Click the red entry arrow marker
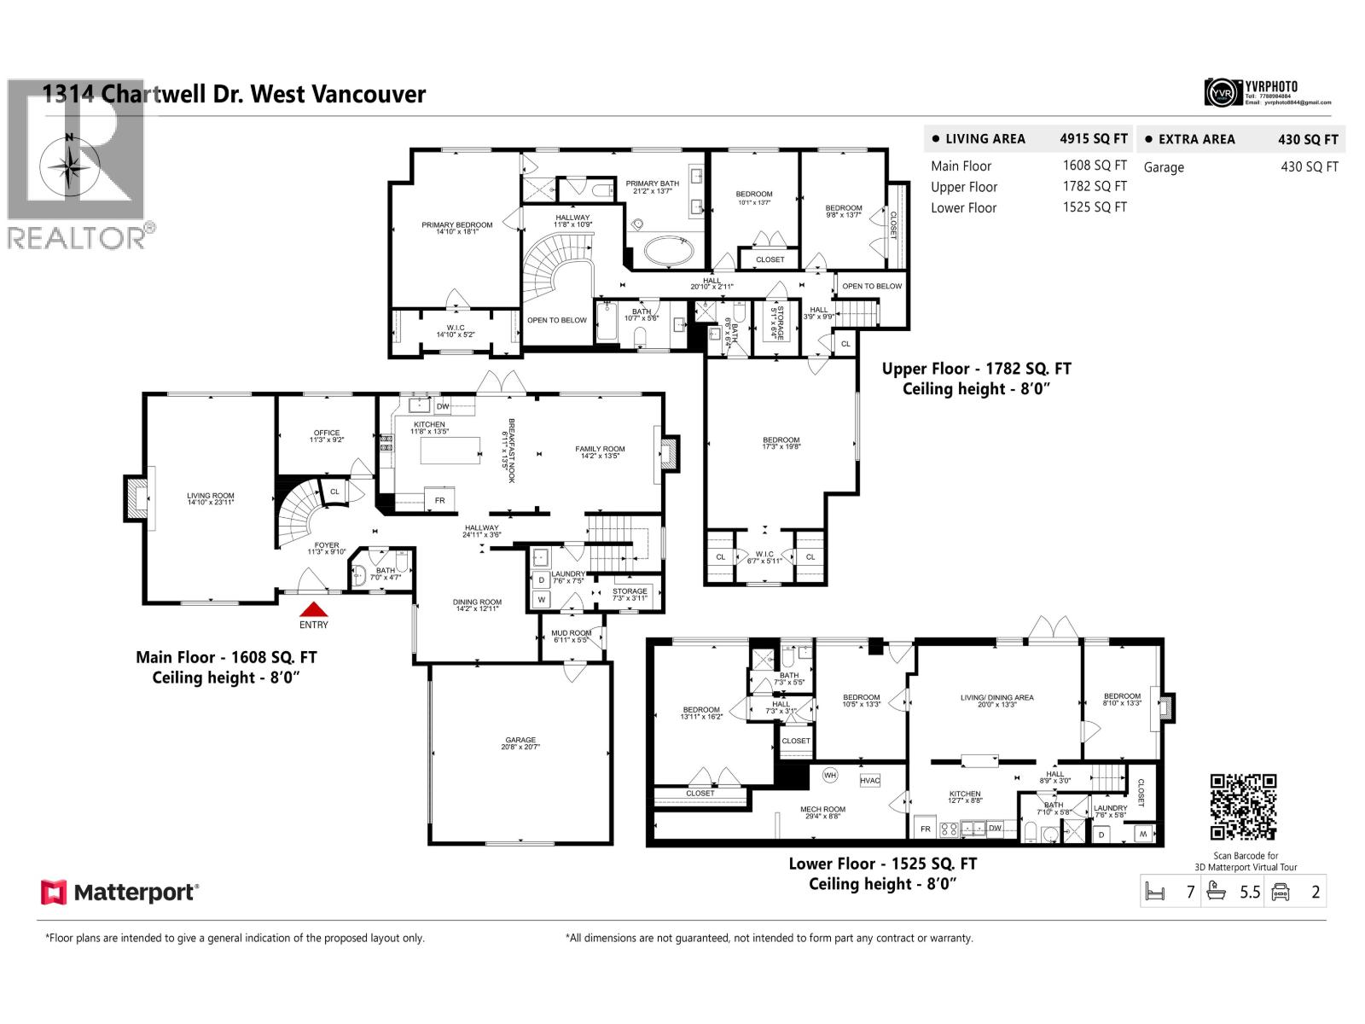click(314, 609)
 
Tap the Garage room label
click(520, 742)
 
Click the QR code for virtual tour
click(1243, 807)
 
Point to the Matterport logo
click(120, 893)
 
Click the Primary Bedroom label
click(456, 228)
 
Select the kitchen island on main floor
click(450, 450)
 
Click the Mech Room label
click(822, 812)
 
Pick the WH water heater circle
click(830, 776)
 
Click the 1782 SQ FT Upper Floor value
click(1095, 186)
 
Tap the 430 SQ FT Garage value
click(1309, 166)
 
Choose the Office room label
click(326, 435)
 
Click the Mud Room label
click(571, 636)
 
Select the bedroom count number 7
click(1190, 893)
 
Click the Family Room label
click(600, 451)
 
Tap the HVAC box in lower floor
click(869, 781)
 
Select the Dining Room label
click(477, 604)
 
